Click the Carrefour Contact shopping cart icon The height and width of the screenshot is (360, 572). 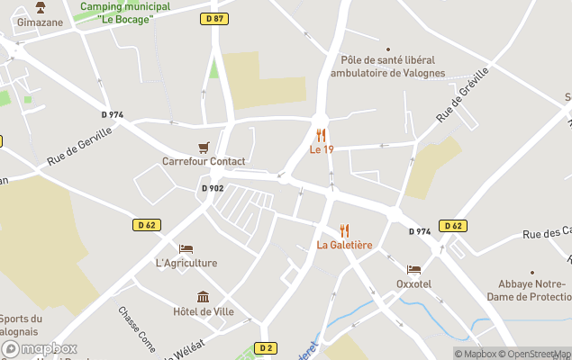click(204, 147)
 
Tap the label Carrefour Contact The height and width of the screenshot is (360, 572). click(204, 162)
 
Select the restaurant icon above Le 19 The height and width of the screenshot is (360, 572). click(321, 135)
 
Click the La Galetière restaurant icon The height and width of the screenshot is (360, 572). click(344, 230)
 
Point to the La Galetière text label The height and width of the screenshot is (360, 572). click(344, 245)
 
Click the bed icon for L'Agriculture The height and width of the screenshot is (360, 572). click(186, 248)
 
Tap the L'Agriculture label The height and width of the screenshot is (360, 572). click(186, 263)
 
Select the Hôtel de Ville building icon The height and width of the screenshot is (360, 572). click(204, 297)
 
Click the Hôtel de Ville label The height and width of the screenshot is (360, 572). click(204, 311)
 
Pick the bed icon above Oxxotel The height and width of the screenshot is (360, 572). click(413, 269)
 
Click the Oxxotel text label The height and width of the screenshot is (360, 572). click(413, 283)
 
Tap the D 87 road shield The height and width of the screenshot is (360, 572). click(213, 18)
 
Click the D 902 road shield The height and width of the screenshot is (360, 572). click(212, 188)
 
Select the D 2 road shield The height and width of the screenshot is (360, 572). click(265, 347)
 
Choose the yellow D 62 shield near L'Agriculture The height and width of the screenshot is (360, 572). click(147, 225)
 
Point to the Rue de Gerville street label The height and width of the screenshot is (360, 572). click(80, 147)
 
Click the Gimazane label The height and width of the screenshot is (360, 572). click(40, 22)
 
